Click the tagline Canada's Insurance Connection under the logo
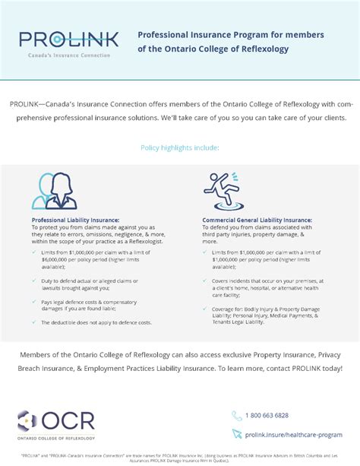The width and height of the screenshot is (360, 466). (69, 55)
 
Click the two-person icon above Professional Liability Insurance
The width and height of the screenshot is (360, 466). (49, 190)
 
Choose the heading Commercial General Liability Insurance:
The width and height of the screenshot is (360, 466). (257, 220)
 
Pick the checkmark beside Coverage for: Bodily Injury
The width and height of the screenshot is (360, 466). (207, 308)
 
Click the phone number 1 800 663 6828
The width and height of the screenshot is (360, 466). (267, 415)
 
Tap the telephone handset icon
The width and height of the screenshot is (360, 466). (236, 415)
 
